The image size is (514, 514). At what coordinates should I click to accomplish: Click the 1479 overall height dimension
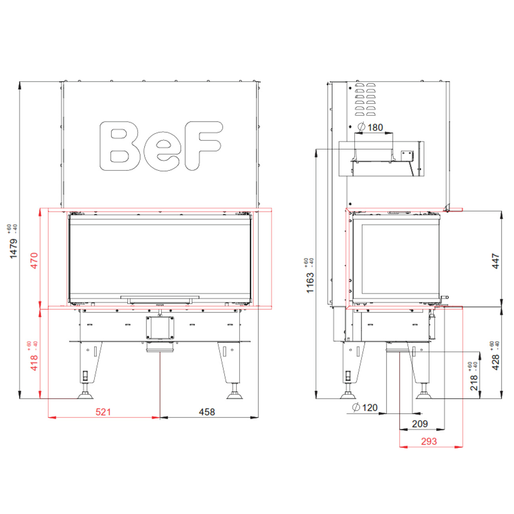tap(13, 249)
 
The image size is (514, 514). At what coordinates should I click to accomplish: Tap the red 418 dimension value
tap(34, 363)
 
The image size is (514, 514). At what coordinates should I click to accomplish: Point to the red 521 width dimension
tap(103, 412)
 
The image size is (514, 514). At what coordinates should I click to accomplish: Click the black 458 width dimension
tap(207, 412)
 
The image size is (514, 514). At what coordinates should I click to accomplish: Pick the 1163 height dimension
tap(310, 283)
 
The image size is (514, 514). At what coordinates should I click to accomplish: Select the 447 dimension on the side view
tap(495, 261)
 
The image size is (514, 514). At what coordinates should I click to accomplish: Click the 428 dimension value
tap(495, 363)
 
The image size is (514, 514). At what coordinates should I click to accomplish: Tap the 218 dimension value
tap(474, 383)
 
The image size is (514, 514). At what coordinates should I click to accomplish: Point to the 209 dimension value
tap(420, 424)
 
